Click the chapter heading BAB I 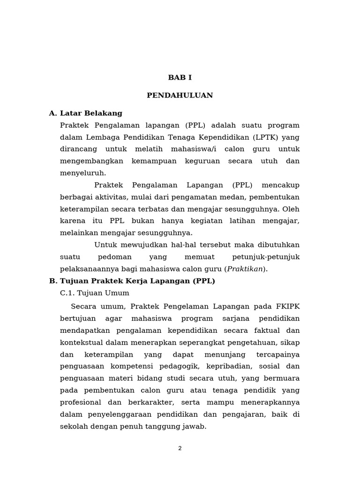pos(180,78)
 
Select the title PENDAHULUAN pos(180,96)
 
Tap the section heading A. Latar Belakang pos(85,113)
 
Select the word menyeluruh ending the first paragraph pos(82,173)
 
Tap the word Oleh pos(291,209)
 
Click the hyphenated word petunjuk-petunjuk pos(266,257)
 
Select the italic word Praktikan pos(245,269)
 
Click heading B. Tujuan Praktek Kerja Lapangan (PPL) pos(132,281)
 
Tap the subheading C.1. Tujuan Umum pos(95,293)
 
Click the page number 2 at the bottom pos(180,449)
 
